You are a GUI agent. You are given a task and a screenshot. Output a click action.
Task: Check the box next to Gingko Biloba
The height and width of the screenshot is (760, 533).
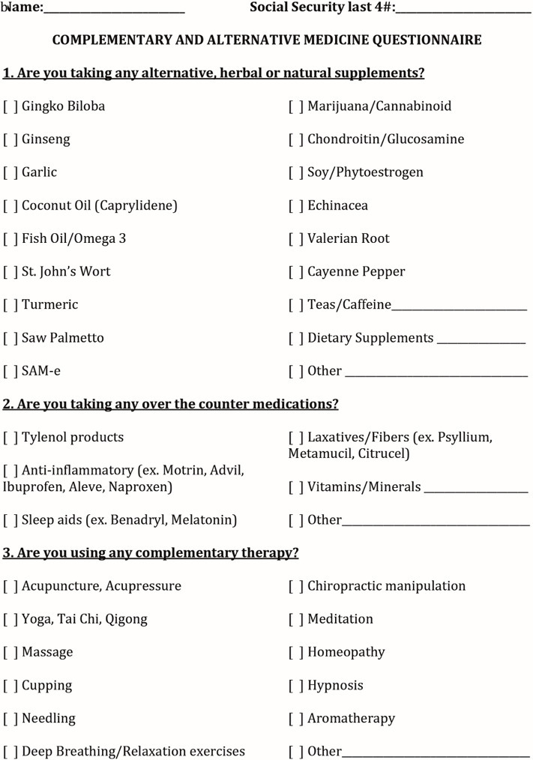coord(10,106)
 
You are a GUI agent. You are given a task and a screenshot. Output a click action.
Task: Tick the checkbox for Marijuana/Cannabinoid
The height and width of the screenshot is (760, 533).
coord(296,106)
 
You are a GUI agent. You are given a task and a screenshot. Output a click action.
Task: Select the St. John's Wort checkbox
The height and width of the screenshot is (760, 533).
coord(10,271)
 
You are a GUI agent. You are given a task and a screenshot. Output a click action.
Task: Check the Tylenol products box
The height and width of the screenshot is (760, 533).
coord(10,437)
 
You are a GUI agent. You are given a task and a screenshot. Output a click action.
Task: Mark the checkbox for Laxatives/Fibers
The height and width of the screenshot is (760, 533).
coord(296,437)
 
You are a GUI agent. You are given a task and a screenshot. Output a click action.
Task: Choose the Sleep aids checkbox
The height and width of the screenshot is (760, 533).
coord(10,520)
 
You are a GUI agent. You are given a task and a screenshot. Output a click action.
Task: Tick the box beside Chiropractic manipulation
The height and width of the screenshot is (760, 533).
coord(296,586)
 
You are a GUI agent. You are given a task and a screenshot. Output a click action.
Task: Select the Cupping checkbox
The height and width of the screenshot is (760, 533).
coord(10,686)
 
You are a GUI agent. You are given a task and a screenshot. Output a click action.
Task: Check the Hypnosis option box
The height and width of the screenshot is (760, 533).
coord(296,686)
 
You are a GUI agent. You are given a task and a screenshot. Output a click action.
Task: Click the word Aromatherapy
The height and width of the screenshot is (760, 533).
coord(351,719)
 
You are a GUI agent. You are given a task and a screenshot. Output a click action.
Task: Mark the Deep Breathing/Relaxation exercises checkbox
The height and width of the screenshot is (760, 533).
coord(10,751)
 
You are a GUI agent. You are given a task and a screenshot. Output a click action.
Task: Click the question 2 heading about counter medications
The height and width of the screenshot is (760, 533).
coord(171,404)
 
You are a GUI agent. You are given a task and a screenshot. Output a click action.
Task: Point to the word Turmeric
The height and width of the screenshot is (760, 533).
coord(49,305)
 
